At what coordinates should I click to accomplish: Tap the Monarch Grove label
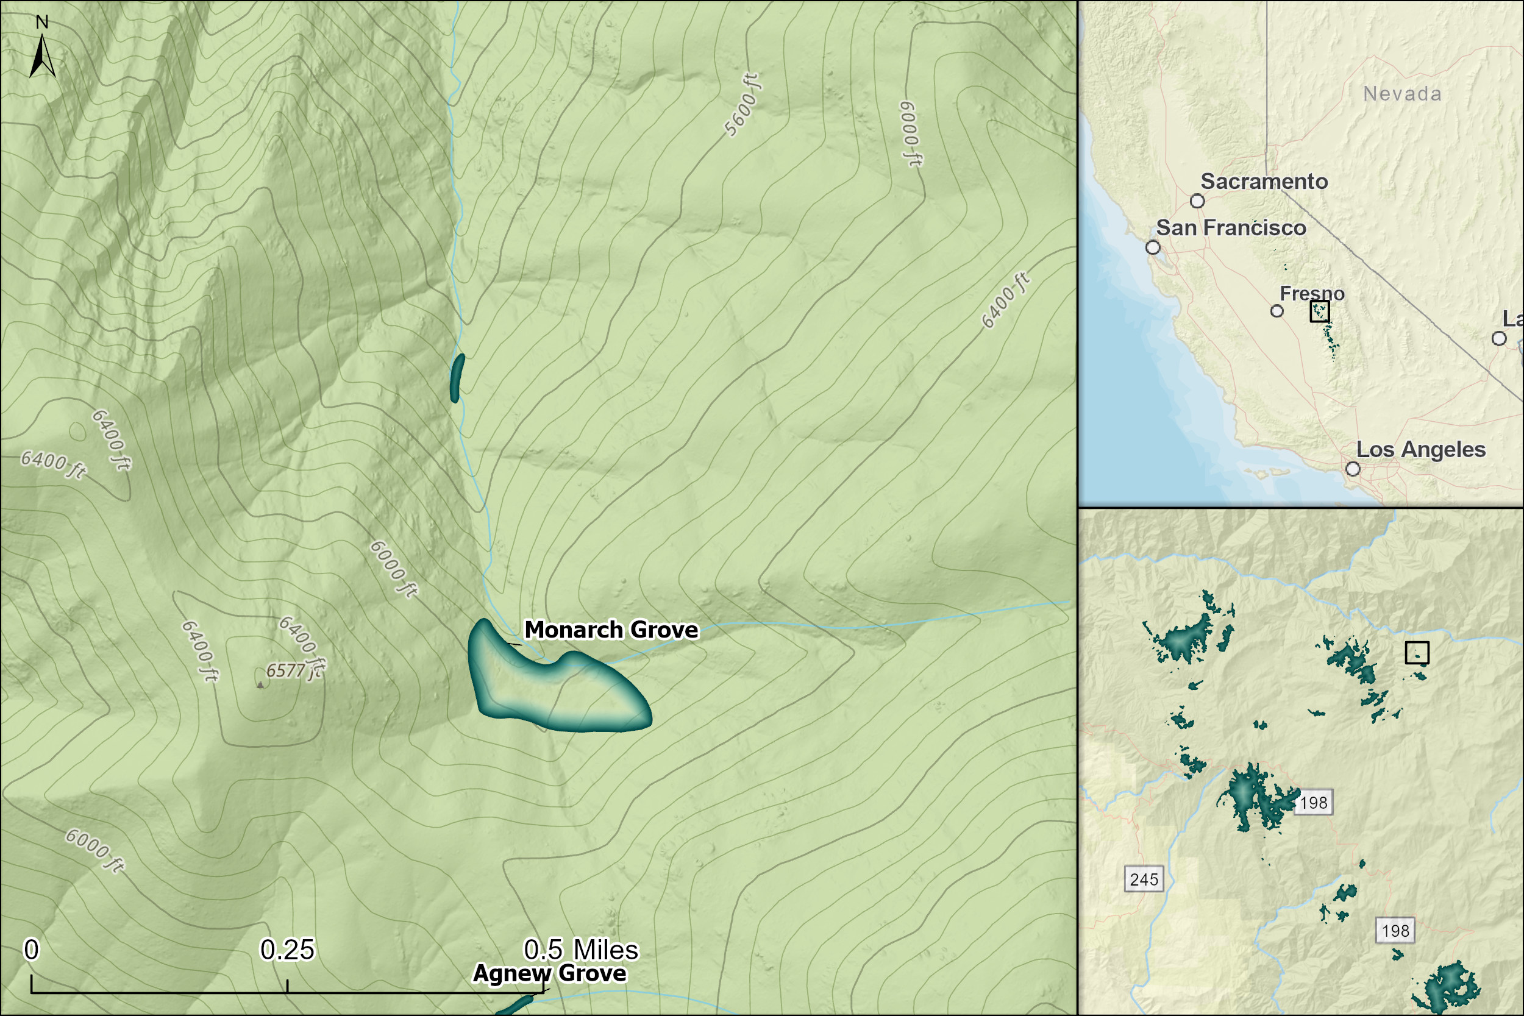pos(611,630)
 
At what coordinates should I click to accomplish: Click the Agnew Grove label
pos(549,973)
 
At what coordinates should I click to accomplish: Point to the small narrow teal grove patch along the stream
pos(457,378)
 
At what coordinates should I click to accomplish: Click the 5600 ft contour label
pos(742,105)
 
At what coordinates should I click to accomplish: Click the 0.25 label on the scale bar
pos(287,950)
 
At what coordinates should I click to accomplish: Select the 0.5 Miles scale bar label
pos(580,950)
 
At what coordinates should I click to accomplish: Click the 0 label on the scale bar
pos(31,950)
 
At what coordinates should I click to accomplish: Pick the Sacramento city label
pos(1264,182)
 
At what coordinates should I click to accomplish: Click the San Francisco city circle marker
pos(1153,247)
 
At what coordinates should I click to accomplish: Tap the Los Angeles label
pos(1420,450)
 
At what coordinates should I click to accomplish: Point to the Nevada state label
pos(1402,94)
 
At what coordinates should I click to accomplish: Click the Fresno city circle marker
pos(1277,311)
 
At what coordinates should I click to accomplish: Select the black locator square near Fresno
pos(1319,311)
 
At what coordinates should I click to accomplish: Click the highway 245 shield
pos(1144,879)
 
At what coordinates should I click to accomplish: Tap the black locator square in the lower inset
pos(1417,653)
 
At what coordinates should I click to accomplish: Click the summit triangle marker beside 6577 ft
pos(260,684)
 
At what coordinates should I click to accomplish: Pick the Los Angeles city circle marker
pos(1352,469)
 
